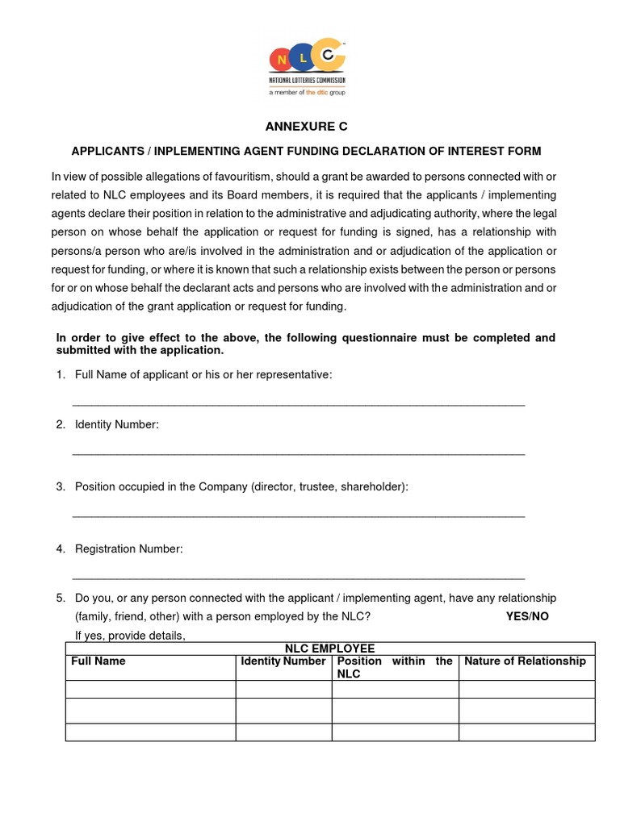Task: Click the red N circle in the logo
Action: [282, 60]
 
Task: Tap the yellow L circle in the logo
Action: [304, 58]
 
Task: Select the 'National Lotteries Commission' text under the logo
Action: [306, 81]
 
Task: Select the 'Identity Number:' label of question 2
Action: [117, 424]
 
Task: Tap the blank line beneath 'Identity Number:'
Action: [299, 453]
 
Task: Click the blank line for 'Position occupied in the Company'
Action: [299, 515]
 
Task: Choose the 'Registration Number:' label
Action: [129, 549]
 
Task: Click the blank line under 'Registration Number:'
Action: [299, 578]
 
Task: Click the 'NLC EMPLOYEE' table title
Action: [329, 649]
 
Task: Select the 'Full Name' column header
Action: [98, 661]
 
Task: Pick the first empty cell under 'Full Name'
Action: [150, 689]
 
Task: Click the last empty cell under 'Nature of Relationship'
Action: [526, 732]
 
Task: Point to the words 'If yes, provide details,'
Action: [130, 636]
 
